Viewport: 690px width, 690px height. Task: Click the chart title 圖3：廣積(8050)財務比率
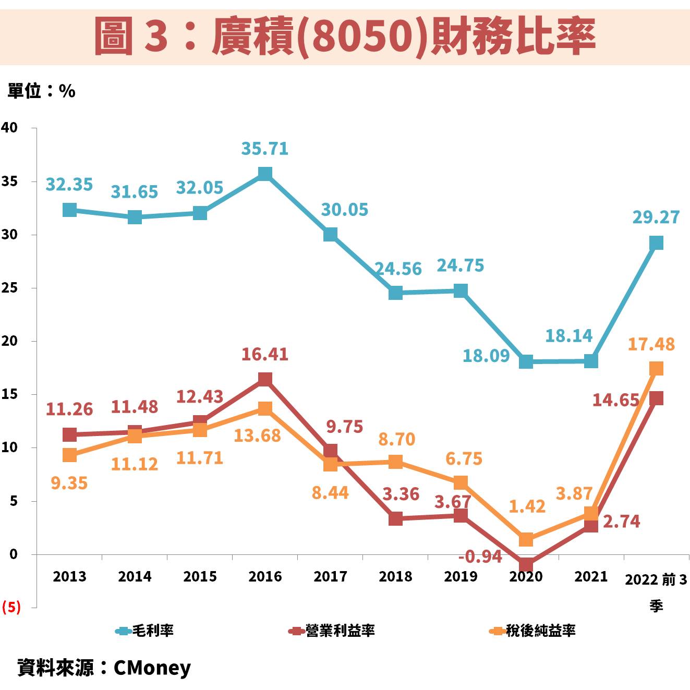345,36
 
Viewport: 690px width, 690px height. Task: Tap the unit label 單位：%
41,91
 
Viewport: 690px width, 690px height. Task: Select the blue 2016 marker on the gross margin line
265,174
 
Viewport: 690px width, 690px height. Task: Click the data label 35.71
265,149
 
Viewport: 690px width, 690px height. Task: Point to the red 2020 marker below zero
526,564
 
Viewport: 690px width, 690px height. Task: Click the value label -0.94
480,556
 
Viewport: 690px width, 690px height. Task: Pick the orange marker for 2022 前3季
656,369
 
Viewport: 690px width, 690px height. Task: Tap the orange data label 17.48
651,344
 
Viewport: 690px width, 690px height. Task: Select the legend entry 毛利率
145,631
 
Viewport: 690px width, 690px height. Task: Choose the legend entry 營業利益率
332,631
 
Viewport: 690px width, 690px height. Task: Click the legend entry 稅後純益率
533,631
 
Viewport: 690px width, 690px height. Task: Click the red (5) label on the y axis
11,607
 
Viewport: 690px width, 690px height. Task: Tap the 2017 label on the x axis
330,576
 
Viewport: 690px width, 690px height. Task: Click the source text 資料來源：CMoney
104,668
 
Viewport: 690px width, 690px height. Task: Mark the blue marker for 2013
69,210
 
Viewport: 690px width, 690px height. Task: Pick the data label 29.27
656,217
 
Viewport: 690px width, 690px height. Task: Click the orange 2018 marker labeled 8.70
395,462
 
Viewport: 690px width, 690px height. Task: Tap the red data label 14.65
615,400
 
